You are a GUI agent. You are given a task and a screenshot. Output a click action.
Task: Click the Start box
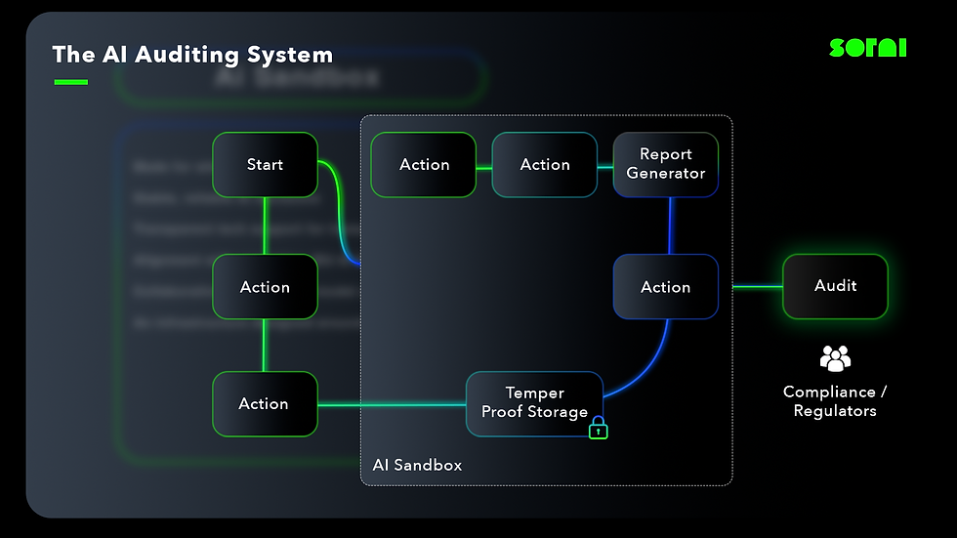(x=265, y=164)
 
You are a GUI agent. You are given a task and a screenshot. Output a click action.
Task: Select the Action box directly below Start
(x=265, y=287)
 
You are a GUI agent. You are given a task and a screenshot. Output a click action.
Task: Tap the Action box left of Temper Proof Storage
(x=265, y=403)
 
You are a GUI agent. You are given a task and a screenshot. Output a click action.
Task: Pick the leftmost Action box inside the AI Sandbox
(x=424, y=164)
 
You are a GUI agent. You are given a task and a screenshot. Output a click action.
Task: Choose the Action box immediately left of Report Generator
(x=544, y=164)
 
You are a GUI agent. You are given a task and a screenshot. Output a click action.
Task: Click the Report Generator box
(x=665, y=164)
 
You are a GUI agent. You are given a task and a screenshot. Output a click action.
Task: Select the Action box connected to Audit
(x=665, y=287)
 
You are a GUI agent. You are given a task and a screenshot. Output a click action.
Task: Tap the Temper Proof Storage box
(x=534, y=402)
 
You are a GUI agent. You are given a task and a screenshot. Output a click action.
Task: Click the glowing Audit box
(x=835, y=286)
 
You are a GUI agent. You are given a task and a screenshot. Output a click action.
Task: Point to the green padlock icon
(x=599, y=428)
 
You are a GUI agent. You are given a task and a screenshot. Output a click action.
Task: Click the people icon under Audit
(x=835, y=358)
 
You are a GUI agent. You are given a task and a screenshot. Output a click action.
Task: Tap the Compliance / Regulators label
(x=835, y=401)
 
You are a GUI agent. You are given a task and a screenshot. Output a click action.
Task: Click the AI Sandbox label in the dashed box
(x=417, y=465)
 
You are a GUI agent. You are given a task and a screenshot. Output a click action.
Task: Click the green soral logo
(x=867, y=47)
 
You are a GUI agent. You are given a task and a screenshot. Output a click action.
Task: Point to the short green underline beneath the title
(x=70, y=82)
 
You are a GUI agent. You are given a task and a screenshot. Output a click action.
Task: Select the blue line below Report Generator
(x=670, y=227)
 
